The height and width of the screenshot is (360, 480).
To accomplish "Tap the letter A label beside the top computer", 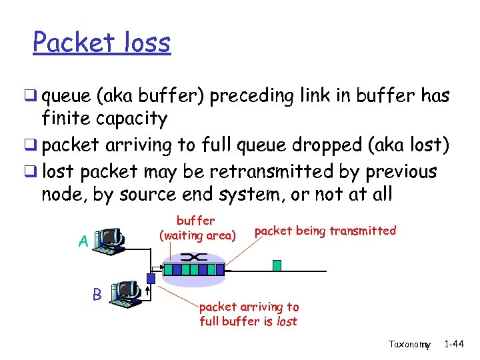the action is pyautogui.click(x=83, y=241).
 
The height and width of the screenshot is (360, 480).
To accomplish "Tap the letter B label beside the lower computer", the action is pyautogui.click(x=97, y=294).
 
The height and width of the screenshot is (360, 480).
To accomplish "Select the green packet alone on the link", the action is pyautogui.click(x=277, y=265).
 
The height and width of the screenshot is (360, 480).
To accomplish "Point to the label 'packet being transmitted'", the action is pyautogui.click(x=325, y=231).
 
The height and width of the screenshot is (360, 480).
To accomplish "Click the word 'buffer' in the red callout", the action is pyautogui.click(x=195, y=220).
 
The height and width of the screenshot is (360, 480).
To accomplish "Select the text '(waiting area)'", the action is pyautogui.click(x=197, y=235).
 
